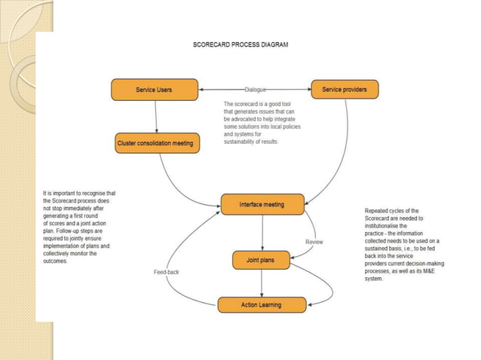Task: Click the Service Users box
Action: point(154,90)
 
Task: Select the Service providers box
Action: point(345,90)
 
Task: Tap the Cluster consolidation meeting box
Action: point(156,143)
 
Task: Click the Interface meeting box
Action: point(262,204)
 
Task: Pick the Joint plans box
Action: point(262,261)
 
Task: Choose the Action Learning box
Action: point(262,304)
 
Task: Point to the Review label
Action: point(314,242)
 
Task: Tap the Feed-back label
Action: point(166,271)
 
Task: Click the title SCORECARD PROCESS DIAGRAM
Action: point(240,44)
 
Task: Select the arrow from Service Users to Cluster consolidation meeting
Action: point(156,117)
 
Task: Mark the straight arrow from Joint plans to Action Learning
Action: point(262,283)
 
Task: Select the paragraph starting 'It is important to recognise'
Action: point(79,227)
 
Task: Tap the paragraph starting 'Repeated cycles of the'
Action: point(403,244)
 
